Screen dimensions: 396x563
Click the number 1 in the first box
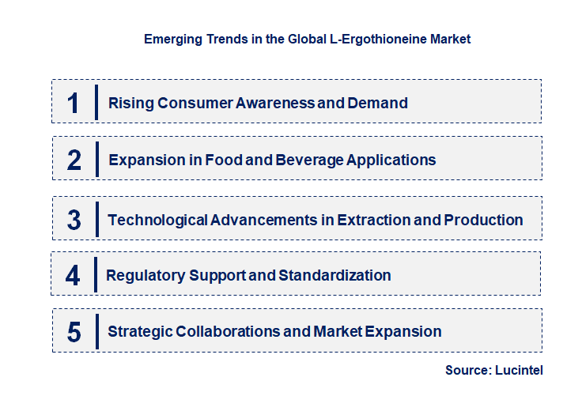click(74, 103)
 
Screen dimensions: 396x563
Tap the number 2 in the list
click(74, 160)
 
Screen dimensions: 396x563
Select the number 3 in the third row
click(74, 220)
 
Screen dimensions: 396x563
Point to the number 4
click(74, 275)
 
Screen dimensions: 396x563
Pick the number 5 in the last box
click(74, 332)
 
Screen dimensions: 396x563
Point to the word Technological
click(157, 220)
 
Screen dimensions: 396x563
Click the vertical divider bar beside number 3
click(96, 218)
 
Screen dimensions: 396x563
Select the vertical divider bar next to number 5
click(96, 330)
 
